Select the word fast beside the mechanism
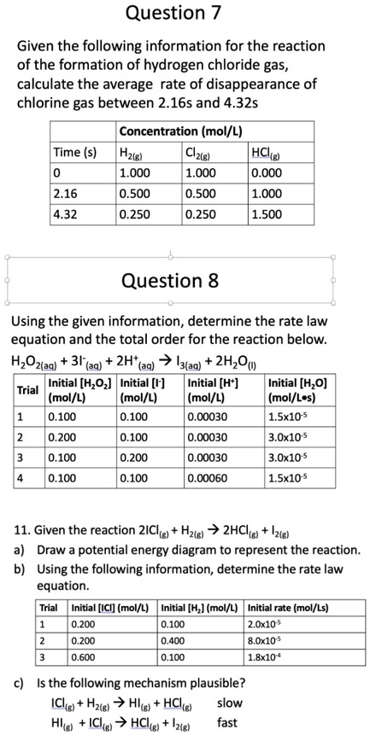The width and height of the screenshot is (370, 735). [228, 721]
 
